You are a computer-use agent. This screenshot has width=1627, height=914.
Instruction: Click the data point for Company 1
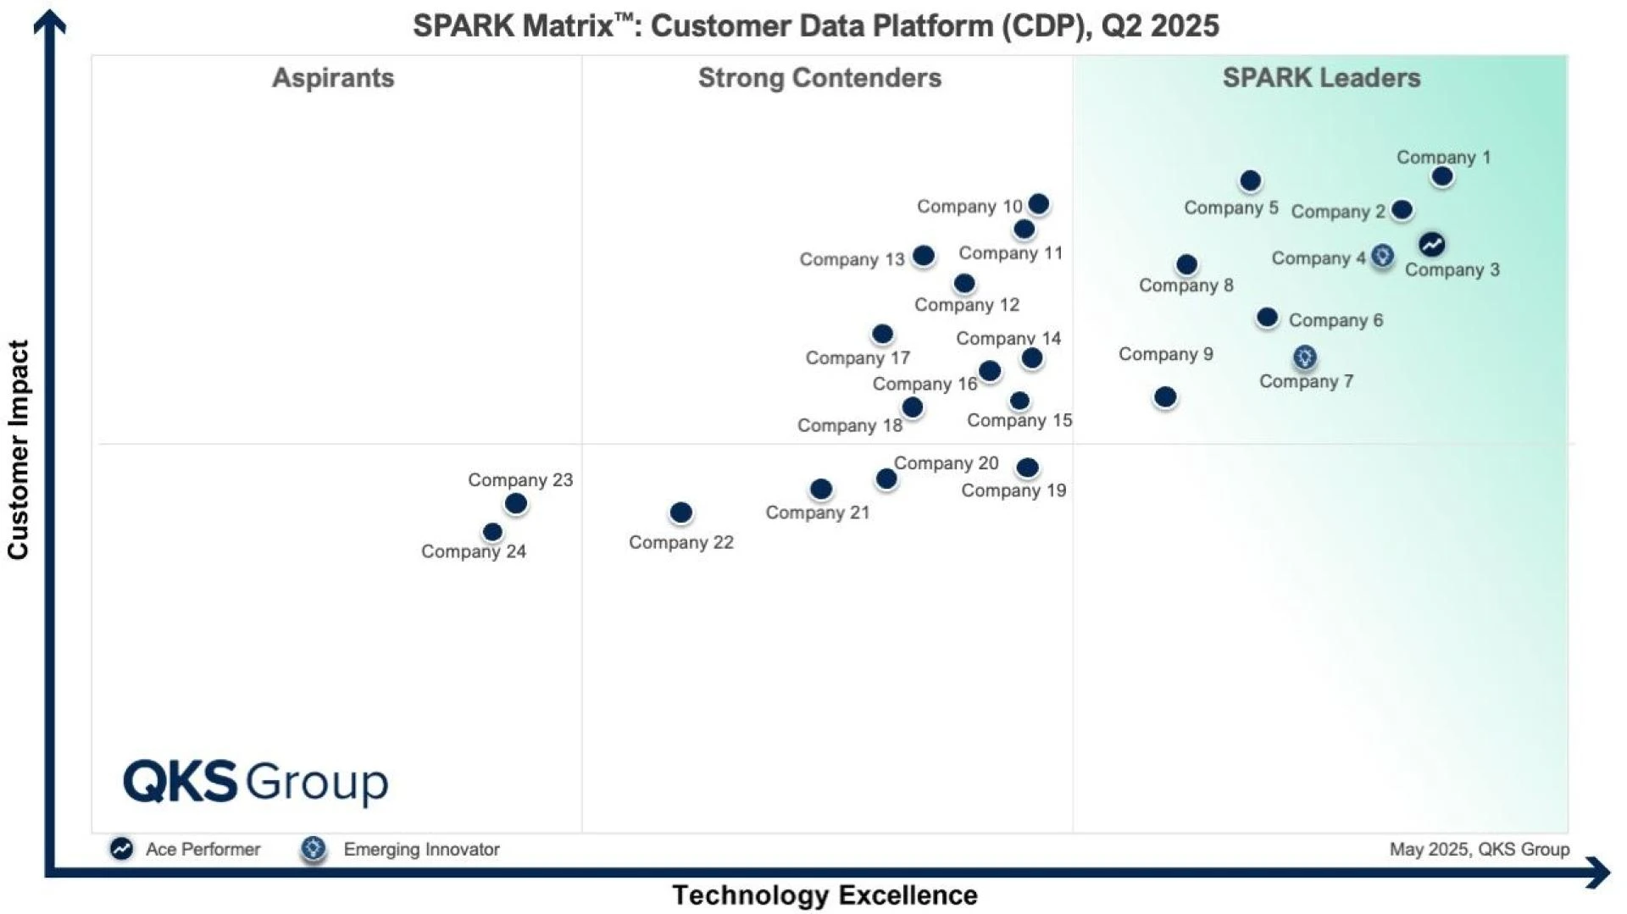(1441, 176)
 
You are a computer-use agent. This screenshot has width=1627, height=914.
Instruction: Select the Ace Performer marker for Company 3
(1431, 244)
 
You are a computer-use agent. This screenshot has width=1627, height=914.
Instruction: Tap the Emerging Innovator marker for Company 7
(1304, 357)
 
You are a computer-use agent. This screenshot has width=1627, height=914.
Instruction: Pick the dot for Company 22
(680, 512)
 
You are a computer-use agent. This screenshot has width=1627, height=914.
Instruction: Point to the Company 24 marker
(492, 532)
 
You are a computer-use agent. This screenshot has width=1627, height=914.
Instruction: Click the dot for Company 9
(1165, 396)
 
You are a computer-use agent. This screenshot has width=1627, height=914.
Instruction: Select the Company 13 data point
(924, 255)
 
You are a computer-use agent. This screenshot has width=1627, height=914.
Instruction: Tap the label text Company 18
(849, 425)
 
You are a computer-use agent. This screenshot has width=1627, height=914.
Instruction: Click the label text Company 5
(1230, 208)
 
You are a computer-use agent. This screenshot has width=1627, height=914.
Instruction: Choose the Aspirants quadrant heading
(333, 78)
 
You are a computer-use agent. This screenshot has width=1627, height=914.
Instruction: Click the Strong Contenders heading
(819, 78)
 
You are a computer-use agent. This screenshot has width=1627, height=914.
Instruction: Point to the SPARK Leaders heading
(1320, 78)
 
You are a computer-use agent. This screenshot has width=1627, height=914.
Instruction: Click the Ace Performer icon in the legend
(121, 848)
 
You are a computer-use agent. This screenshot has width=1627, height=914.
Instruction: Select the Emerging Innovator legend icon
(314, 848)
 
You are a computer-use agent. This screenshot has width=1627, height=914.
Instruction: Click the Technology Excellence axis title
(825, 895)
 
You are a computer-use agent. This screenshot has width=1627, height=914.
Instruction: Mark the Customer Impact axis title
(19, 449)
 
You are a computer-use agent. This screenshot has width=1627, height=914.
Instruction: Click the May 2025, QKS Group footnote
(1479, 849)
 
